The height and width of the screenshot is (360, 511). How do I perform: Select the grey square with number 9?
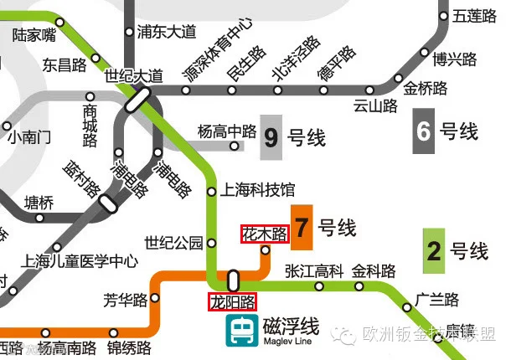click(271, 136)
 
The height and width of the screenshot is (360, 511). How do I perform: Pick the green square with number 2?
click(434, 249)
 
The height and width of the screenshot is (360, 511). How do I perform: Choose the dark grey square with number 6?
click(424, 131)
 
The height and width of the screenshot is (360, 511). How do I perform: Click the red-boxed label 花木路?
click(264, 234)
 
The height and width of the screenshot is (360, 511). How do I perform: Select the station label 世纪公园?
click(174, 243)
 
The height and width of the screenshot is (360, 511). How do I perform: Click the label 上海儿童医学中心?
click(81, 260)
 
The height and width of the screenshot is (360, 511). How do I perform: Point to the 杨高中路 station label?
click(226, 131)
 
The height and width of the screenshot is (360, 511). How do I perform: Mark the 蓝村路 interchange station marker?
click(107, 202)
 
